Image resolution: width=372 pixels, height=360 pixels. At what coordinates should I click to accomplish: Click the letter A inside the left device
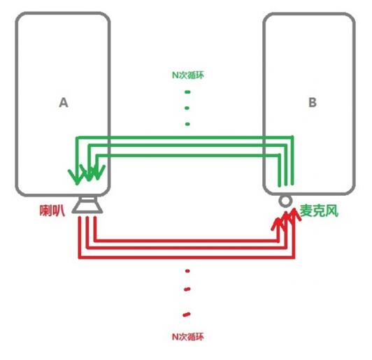click(x=64, y=103)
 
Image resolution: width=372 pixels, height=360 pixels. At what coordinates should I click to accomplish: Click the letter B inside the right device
click(x=313, y=103)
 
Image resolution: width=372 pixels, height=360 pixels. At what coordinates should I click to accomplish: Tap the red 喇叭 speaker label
click(x=52, y=210)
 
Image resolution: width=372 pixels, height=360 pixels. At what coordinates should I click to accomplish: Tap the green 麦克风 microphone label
click(x=319, y=210)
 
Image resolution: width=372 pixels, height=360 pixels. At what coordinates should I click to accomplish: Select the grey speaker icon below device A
click(x=87, y=206)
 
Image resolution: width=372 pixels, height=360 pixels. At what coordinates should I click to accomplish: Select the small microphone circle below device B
click(x=285, y=201)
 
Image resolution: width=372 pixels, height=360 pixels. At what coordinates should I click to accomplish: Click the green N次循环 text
click(x=188, y=75)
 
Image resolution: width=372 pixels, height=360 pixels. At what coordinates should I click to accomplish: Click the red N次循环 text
click(x=188, y=337)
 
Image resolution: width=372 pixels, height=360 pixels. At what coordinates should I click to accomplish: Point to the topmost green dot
click(x=187, y=92)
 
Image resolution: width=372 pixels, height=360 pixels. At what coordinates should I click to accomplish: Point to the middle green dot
click(x=187, y=108)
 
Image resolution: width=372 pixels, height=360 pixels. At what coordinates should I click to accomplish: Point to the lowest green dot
click(x=187, y=124)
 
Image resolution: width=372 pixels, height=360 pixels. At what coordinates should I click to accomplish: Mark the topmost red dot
click(x=187, y=271)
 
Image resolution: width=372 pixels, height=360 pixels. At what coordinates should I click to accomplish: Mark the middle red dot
click(x=187, y=289)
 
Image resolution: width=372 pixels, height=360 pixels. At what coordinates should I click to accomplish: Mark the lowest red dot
click(x=187, y=315)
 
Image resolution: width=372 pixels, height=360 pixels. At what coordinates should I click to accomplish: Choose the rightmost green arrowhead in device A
click(x=98, y=172)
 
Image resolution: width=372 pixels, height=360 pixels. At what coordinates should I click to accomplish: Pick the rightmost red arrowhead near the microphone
click(x=294, y=215)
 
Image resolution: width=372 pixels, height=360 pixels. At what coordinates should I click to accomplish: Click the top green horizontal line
click(x=185, y=137)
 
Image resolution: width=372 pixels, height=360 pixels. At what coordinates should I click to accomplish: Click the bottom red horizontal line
click(x=187, y=257)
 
